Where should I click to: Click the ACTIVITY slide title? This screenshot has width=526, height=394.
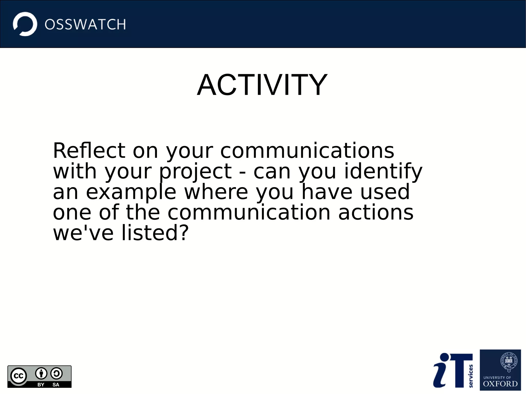(262, 85)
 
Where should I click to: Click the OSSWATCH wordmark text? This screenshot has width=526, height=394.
(85, 25)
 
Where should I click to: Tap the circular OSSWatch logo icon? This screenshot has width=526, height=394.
(25, 24)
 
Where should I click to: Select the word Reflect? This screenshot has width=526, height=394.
(89, 151)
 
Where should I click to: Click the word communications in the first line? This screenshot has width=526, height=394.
(307, 151)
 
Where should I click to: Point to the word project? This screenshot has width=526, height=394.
(195, 171)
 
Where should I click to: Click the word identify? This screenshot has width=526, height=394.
(383, 171)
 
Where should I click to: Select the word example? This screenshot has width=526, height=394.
(131, 192)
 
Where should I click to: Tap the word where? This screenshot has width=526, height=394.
(216, 192)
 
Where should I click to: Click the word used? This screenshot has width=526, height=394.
(385, 192)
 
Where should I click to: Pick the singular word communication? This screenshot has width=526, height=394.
(249, 213)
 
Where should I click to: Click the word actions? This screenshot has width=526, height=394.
(375, 213)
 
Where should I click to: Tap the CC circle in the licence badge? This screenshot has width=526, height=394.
(18, 376)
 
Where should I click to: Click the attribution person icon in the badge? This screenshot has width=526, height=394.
(41, 373)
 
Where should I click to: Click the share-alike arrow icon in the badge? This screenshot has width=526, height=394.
(56, 373)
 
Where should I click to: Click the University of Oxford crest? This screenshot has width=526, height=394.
(509, 362)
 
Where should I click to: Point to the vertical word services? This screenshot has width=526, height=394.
(471, 376)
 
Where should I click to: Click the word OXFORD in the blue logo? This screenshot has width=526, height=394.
(500, 384)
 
